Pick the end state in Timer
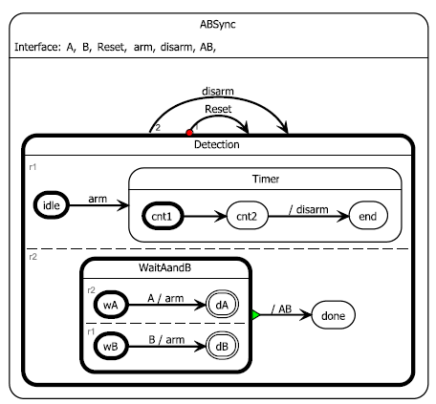(x=367, y=216)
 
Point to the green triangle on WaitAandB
(x=255, y=313)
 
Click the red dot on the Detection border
(x=189, y=133)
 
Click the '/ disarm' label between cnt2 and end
(x=307, y=205)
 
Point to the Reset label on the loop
(x=219, y=110)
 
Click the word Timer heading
(x=264, y=179)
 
